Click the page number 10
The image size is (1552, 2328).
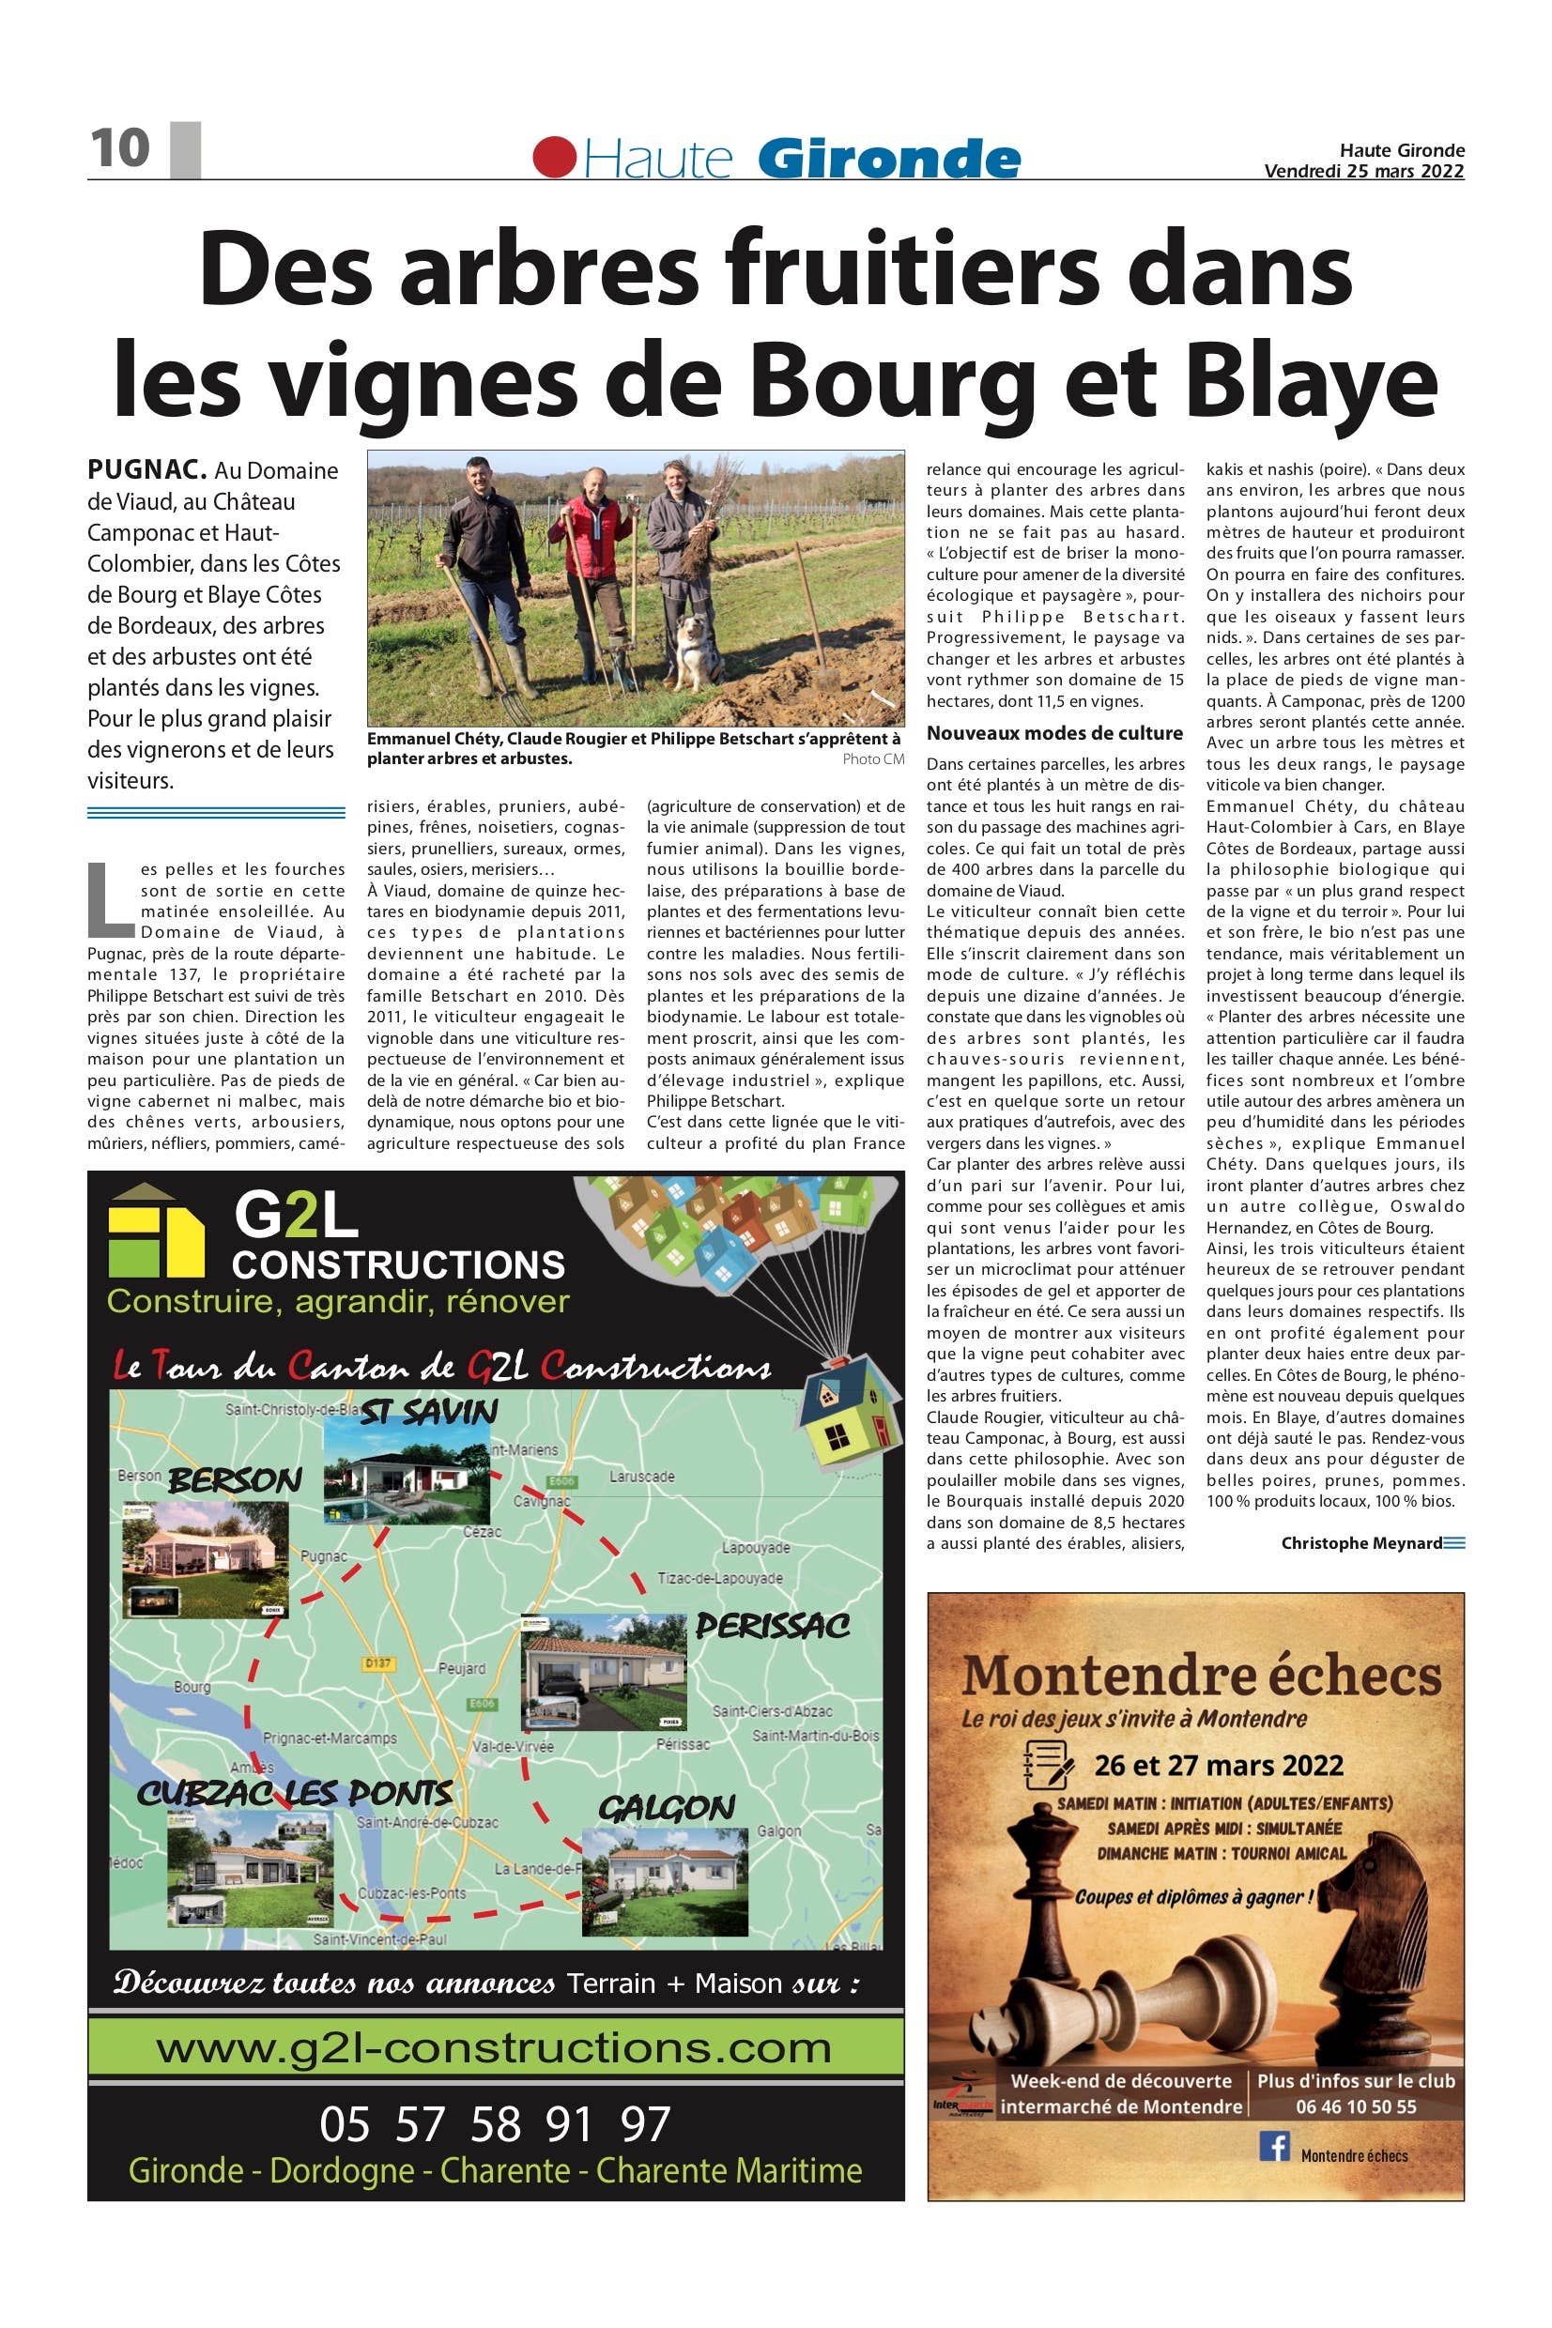(x=120, y=148)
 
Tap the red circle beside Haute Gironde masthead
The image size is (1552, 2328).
(x=554, y=158)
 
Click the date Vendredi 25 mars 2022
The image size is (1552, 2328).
(x=1363, y=170)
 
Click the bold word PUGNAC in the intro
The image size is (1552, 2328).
(x=146, y=469)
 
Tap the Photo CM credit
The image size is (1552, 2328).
(x=873, y=758)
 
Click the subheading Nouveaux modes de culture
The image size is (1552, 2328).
(x=1054, y=733)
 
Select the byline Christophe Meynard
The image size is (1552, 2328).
(x=1361, y=1542)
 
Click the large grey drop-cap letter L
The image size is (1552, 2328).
(x=108, y=901)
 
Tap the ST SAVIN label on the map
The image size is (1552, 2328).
(x=427, y=1412)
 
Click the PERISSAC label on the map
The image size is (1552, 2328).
(x=772, y=1625)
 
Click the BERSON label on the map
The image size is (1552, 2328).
(x=235, y=1481)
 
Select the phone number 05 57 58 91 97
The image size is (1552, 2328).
(x=495, y=2123)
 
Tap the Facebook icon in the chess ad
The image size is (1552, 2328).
(x=1274, y=2147)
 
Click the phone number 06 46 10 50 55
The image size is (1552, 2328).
(x=1355, y=2106)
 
